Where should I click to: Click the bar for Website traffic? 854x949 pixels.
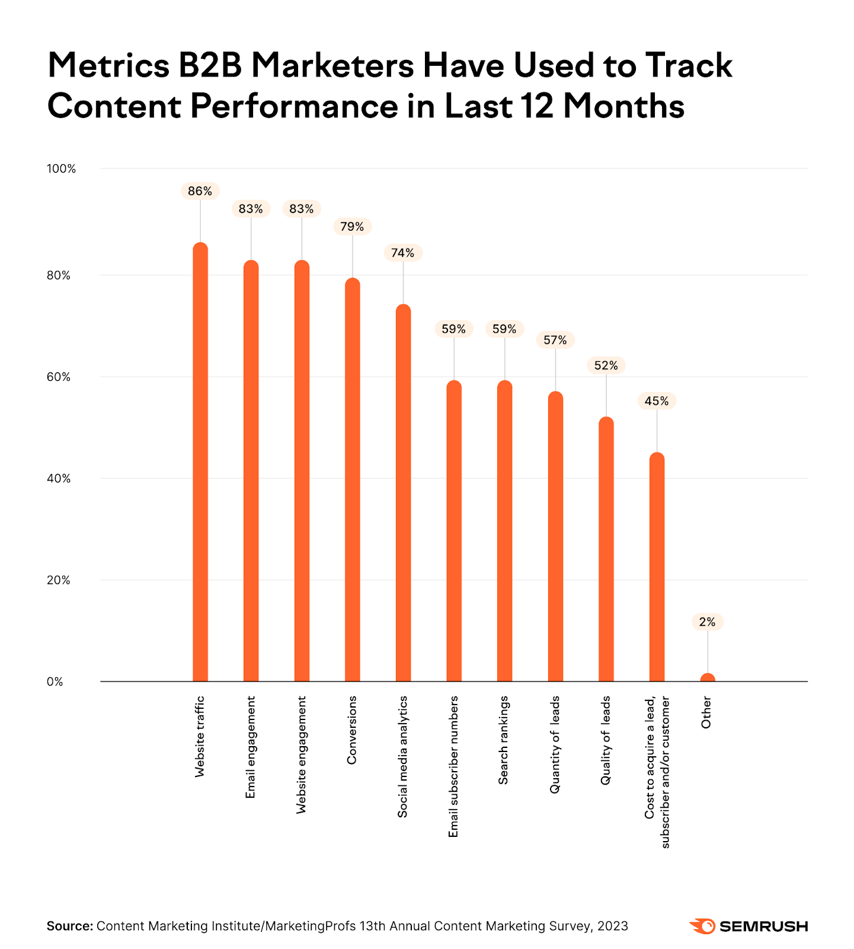[200, 463]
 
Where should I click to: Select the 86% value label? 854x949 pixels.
[200, 191]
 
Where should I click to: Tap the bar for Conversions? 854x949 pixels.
[353, 480]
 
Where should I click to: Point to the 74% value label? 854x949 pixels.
[403, 253]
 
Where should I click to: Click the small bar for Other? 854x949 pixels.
[708, 678]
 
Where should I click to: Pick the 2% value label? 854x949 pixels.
[707, 622]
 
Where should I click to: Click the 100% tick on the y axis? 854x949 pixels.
[62, 169]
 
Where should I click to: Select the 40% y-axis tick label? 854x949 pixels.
[59, 479]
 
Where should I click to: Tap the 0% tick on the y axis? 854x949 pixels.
[55, 682]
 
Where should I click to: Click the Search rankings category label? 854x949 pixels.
[504, 740]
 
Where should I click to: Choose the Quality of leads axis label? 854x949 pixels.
[606, 740]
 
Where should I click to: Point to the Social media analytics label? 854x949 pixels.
[403, 757]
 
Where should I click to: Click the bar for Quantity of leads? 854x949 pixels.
[555, 537]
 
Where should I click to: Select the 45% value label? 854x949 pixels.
[657, 401]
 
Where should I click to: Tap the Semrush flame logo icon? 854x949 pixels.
[703, 926]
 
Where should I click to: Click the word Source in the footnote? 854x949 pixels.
[69, 926]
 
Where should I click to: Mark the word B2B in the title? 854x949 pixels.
[210, 65]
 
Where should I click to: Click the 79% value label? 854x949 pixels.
[352, 227]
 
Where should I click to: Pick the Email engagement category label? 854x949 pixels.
[251, 747]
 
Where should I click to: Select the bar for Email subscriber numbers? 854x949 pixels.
[454, 531]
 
